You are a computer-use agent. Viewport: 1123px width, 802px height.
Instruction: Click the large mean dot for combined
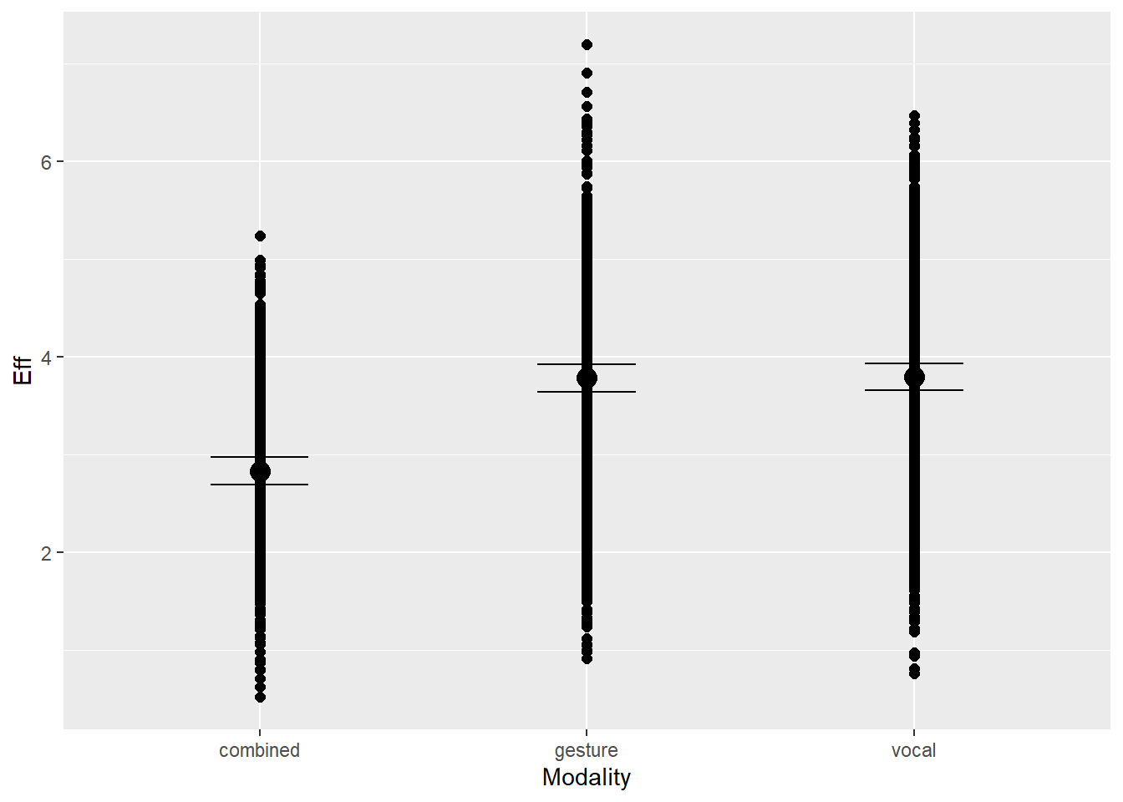[260, 472]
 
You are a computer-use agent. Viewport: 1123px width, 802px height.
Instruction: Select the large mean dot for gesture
[587, 378]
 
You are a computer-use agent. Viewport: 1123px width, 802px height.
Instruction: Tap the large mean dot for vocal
[914, 378]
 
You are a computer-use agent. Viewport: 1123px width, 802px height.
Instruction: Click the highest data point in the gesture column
[587, 44]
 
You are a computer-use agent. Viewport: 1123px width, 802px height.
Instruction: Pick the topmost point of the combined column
[260, 236]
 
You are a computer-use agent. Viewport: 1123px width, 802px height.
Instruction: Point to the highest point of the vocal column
[914, 115]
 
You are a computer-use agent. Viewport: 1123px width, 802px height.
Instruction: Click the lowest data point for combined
[260, 697]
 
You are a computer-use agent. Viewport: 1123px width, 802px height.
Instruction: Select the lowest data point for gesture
[587, 658]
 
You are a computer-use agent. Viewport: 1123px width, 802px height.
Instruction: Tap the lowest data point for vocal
[914, 673]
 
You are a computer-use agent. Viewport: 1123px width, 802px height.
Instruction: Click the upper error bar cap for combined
[260, 457]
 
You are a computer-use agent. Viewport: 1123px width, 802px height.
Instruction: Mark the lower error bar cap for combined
[260, 485]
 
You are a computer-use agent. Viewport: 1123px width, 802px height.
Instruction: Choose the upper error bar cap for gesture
[587, 364]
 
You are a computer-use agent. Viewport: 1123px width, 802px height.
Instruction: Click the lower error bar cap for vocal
[914, 390]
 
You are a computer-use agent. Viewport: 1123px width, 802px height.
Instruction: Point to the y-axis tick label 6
[46, 162]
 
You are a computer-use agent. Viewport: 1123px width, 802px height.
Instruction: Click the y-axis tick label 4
[46, 358]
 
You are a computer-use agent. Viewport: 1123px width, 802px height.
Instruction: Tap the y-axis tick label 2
[46, 553]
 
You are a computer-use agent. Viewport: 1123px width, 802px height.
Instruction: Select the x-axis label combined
[259, 750]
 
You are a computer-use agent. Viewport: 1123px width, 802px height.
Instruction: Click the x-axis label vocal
[913, 750]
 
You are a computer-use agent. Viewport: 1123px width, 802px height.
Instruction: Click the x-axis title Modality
[586, 778]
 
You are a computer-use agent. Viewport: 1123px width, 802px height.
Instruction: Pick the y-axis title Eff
[23, 370]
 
